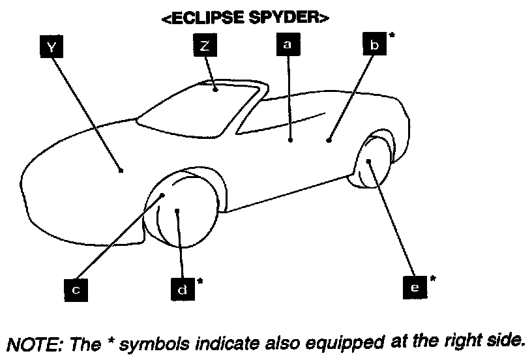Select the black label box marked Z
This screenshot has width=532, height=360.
click(203, 46)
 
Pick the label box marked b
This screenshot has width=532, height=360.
click(374, 45)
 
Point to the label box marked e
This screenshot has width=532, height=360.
click(415, 286)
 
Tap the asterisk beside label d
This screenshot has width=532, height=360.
click(199, 281)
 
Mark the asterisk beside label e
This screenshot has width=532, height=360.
click(432, 279)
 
